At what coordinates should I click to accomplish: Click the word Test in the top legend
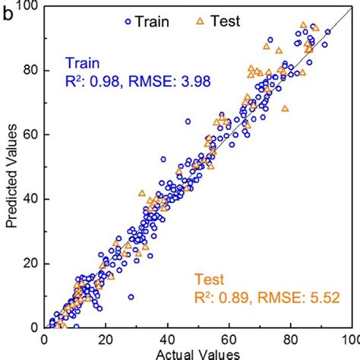pos(225,21)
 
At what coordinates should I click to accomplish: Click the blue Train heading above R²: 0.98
pos(81,62)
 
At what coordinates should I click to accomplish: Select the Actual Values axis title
pos(199,353)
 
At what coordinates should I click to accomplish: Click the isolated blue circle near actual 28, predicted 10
pos(131,297)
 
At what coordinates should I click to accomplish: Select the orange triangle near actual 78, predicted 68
pos(285,109)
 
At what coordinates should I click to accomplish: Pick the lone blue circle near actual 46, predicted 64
pos(188,121)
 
